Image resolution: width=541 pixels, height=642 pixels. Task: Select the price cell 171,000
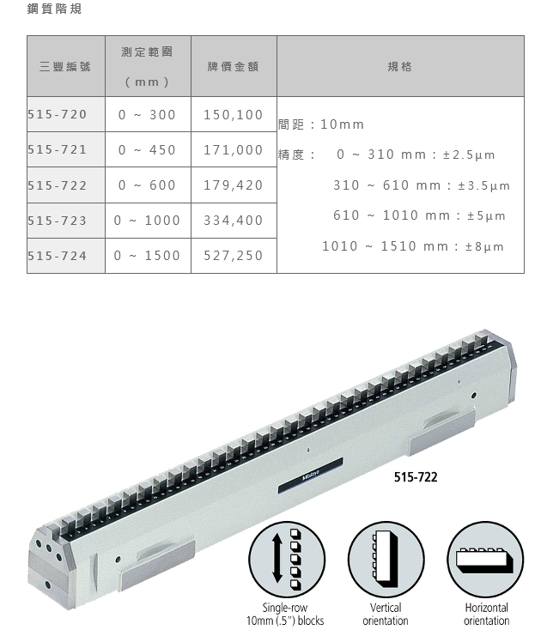pyautogui.click(x=234, y=150)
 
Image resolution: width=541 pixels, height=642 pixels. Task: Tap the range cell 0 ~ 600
pyautogui.click(x=147, y=185)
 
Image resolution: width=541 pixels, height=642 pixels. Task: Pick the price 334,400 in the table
pyautogui.click(x=234, y=221)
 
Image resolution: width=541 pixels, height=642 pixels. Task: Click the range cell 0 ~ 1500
pyautogui.click(x=147, y=256)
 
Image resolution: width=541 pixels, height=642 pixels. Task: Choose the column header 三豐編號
pyautogui.click(x=65, y=66)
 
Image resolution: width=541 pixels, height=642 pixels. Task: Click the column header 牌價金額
pyautogui.click(x=234, y=66)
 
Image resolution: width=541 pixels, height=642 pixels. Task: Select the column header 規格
pyautogui.click(x=400, y=66)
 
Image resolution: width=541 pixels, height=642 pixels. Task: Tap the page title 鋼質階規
pyautogui.click(x=54, y=9)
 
